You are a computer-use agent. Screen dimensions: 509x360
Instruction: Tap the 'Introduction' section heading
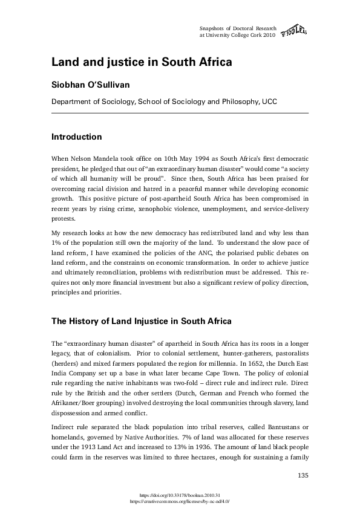pos(76,137)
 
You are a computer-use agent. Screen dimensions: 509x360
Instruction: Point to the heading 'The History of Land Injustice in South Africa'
pos(141,320)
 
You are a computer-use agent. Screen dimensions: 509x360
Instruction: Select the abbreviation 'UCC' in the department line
pos(269,102)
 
